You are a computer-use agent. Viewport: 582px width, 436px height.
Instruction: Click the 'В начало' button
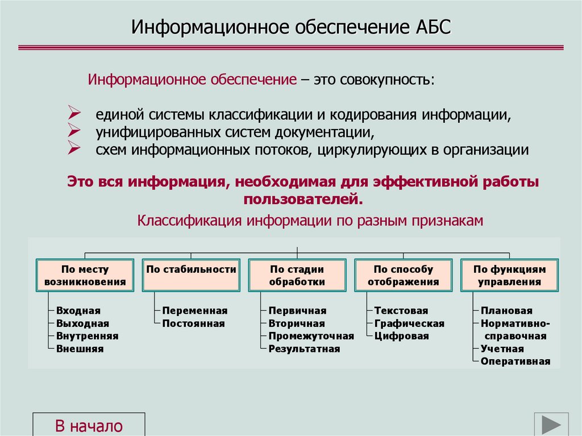click(89, 425)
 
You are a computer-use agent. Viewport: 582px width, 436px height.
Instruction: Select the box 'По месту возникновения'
click(85, 276)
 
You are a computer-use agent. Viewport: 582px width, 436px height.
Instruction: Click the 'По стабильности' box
click(191, 276)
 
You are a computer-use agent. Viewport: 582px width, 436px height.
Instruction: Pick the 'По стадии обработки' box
click(297, 276)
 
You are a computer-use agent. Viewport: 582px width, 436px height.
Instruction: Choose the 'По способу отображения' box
click(403, 276)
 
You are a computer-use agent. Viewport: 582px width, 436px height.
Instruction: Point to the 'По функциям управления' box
click(509, 276)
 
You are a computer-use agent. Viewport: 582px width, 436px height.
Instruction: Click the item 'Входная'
click(78, 311)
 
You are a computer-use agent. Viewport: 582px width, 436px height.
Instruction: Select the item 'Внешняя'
click(80, 349)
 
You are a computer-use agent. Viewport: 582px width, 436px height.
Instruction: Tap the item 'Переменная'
click(194, 311)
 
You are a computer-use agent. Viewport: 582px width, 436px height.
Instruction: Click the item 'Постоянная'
click(193, 323)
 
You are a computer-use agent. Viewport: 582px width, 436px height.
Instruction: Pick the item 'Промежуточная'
click(311, 336)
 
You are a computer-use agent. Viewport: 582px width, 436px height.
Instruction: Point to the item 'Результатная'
click(304, 349)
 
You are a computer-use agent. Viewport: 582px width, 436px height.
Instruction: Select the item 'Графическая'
click(409, 323)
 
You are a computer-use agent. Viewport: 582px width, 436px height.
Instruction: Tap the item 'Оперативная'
click(516, 361)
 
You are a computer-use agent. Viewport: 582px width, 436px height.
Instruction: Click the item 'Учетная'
click(502, 348)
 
